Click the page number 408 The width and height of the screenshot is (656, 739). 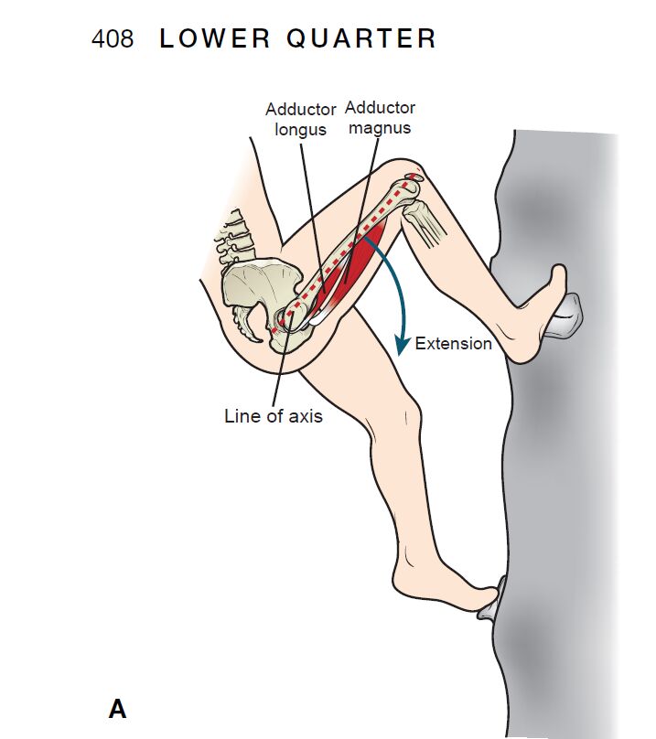[x=113, y=38]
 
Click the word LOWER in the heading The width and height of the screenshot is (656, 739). [x=215, y=38]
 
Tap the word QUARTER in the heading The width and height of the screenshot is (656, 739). [x=361, y=38]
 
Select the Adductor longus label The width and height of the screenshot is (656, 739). [x=300, y=119]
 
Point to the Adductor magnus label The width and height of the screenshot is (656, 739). [x=380, y=117]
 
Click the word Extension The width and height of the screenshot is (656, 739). [x=453, y=344]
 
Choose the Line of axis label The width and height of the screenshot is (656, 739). [x=274, y=416]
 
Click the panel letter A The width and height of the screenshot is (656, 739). [x=117, y=709]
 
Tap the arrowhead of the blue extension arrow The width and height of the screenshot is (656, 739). [x=402, y=346]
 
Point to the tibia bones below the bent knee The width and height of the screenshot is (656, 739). [x=425, y=223]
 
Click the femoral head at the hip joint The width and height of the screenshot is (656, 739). [x=287, y=319]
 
